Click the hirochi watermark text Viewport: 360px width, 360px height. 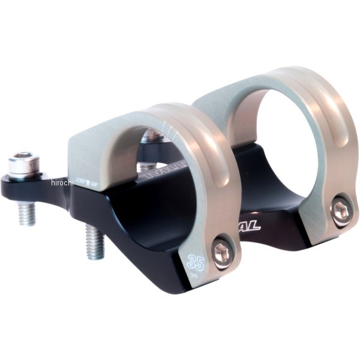click(61, 182)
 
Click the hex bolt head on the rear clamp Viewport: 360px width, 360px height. click(341, 210)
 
